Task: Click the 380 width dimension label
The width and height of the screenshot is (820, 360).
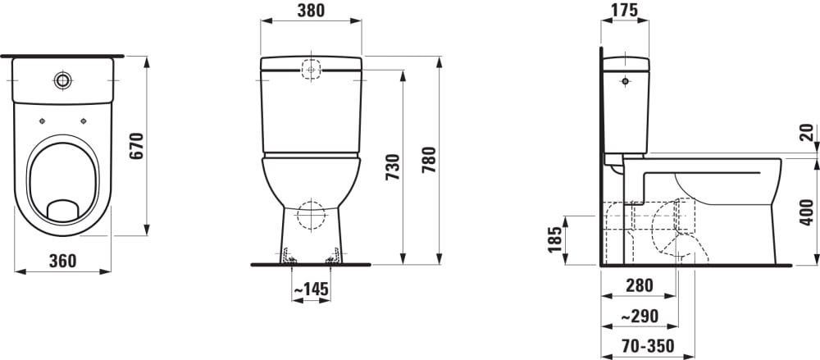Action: [311, 10]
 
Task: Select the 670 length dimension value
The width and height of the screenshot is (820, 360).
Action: [136, 147]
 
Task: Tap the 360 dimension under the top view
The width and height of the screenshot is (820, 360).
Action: [63, 261]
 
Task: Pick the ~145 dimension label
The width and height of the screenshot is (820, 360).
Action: [311, 289]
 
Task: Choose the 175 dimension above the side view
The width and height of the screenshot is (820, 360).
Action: [624, 10]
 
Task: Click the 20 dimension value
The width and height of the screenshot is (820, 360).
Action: [808, 132]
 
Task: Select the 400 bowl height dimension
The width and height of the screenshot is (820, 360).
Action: [808, 212]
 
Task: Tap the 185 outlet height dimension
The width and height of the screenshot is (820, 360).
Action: [555, 239]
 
